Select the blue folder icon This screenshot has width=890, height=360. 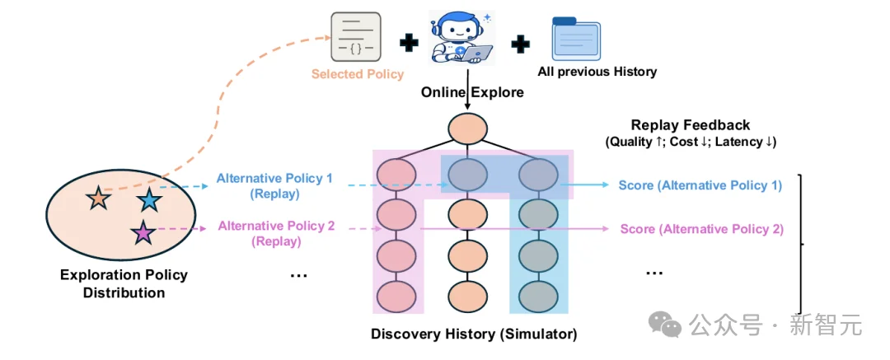pyautogui.click(x=576, y=39)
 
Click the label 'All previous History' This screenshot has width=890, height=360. pyautogui.click(x=597, y=72)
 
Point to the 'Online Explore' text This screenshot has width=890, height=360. pyautogui.click(x=472, y=92)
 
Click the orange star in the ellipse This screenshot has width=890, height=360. pyautogui.click(x=98, y=199)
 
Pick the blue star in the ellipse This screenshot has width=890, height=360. pyautogui.click(x=149, y=200)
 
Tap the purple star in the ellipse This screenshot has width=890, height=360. pyautogui.click(x=142, y=232)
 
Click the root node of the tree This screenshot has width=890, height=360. pyautogui.click(x=467, y=129)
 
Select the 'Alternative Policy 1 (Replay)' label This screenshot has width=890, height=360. pyautogui.click(x=274, y=185)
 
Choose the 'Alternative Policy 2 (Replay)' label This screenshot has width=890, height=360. pyautogui.click(x=276, y=233)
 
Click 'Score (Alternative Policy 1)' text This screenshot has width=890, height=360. pyautogui.click(x=700, y=185)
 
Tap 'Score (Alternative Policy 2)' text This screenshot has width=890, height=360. pyautogui.click(x=701, y=229)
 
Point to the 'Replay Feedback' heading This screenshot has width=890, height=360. pyautogui.click(x=691, y=125)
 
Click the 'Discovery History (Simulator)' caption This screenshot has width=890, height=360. pyautogui.click(x=474, y=334)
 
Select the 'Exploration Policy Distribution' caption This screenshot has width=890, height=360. pyautogui.click(x=124, y=284)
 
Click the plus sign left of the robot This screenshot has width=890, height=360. pyautogui.click(x=409, y=43)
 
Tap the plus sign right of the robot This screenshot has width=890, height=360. pyautogui.click(x=521, y=44)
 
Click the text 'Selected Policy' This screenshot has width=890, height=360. pyautogui.click(x=358, y=74)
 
